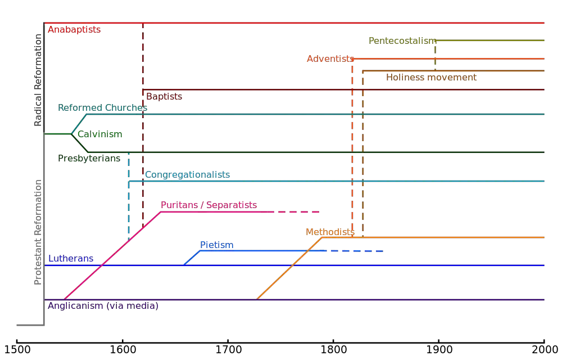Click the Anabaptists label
coord(74,30)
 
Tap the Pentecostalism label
coord(402,40)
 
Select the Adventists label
coord(330,58)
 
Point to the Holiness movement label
coord(431,77)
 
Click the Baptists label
coord(164,97)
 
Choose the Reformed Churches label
coord(102,107)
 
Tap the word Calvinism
coord(99,134)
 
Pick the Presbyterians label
coord(89,158)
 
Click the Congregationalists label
coord(187,175)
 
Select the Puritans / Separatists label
coord(209,205)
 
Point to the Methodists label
coord(330,232)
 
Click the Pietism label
coord(216,245)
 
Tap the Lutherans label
coord(71,259)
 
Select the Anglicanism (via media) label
coord(104,306)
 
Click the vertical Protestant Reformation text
coord(38,233)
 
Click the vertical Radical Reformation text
coord(38,79)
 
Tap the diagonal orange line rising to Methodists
coord(289,268)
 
